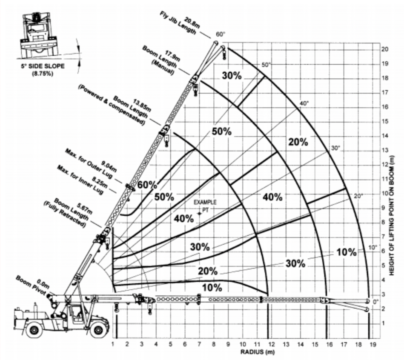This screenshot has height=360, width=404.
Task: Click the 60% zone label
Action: tap(147, 186)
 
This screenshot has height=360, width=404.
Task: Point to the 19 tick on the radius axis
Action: tap(373, 343)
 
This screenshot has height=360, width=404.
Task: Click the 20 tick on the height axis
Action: tap(385, 49)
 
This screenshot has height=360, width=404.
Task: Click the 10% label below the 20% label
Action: tap(212, 288)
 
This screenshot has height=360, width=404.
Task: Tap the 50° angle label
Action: tap(266, 65)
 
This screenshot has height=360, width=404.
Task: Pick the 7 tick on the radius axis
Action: tap(200, 343)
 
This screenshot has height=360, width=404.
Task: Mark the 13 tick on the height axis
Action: tap(385, 150)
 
